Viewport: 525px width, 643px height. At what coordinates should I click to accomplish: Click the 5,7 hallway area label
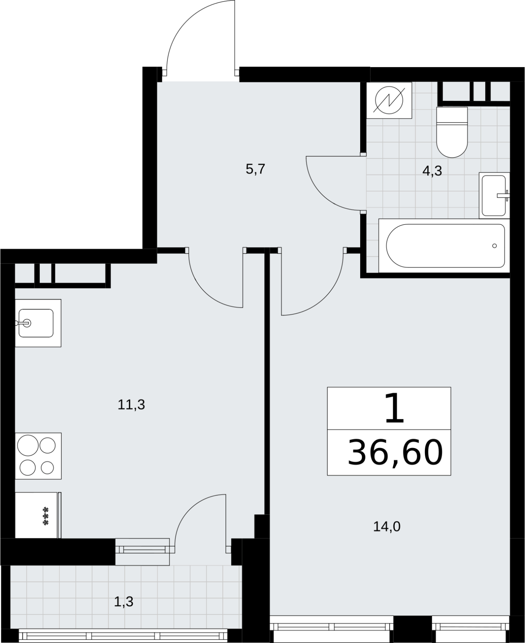coord(255,169)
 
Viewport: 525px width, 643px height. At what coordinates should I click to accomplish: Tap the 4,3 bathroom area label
coord(432,171)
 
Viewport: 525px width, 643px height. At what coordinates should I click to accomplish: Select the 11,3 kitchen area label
coord(131,405)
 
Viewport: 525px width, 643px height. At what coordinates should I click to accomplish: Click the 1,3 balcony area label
coord(123,602)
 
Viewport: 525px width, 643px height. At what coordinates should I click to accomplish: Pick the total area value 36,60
coord(395,453)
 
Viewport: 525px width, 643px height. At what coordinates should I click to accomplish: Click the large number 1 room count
coord(394,408)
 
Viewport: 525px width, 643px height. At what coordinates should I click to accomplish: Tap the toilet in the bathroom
coord(452,132)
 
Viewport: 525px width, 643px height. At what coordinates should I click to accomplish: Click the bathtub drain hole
coord(494,246)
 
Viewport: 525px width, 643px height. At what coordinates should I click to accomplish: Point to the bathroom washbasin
coord(494,195)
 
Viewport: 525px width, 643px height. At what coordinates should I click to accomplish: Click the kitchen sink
coord(38,323)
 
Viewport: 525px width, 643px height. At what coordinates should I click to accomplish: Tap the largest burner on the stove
coord(28,446)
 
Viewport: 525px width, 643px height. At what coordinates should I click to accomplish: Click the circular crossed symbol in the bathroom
coord(389,100)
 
